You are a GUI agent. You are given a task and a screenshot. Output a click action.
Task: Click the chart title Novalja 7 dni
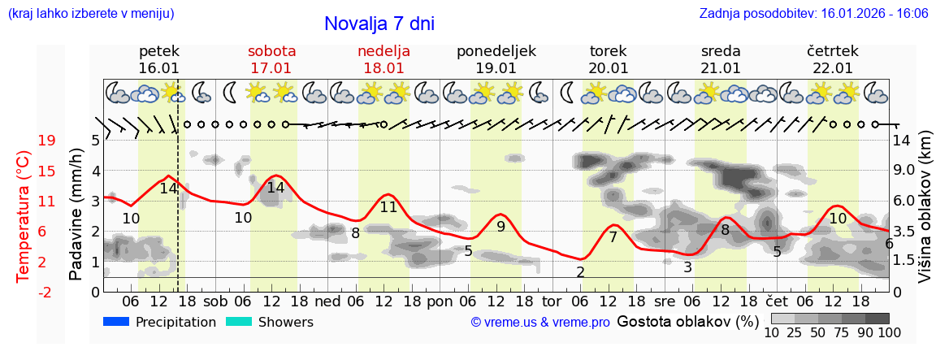point(379,24)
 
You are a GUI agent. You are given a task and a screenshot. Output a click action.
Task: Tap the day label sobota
point(271,51)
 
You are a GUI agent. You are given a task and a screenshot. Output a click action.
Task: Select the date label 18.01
point(383,68)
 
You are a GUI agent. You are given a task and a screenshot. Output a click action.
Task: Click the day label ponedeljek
point(496,51)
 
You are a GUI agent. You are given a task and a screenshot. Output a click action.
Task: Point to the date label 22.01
point(833,68)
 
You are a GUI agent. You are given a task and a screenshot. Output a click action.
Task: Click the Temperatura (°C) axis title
point(24,215)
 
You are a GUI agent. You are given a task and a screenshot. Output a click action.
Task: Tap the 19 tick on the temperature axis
point(47,141)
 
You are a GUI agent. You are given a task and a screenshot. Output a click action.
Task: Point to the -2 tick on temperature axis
point(47,292)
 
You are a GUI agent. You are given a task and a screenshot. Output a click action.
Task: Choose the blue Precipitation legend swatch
point(117,322)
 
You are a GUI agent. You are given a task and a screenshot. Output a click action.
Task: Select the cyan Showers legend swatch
point(240,322)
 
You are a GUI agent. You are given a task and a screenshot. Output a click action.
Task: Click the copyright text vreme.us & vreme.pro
point(540,323)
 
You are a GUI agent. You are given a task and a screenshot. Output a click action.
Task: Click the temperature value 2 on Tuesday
point(580,272)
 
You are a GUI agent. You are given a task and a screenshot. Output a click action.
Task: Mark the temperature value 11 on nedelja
point(388,207)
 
